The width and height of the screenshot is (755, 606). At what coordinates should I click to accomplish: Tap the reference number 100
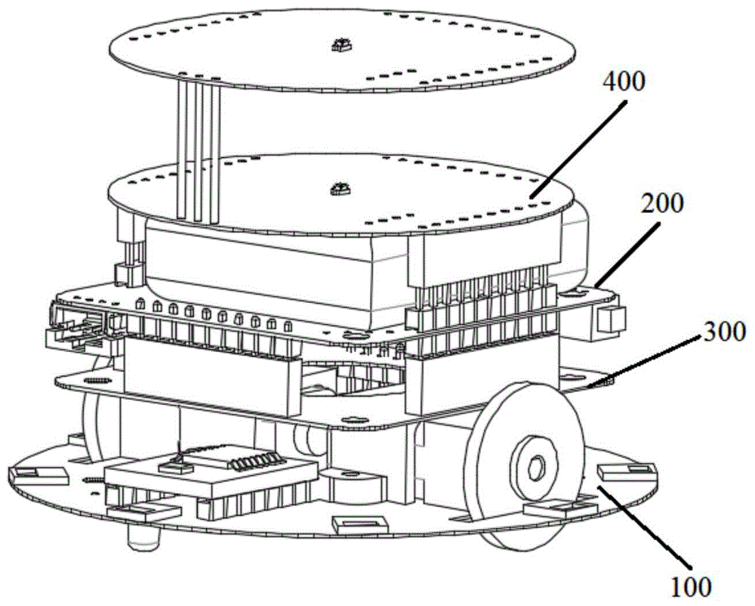click(692, 586)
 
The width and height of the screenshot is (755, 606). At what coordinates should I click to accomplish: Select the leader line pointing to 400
click(578, 148)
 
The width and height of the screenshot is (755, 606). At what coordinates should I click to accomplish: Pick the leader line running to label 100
click(644, 524)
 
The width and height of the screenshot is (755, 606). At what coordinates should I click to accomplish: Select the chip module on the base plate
click(210, 474)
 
